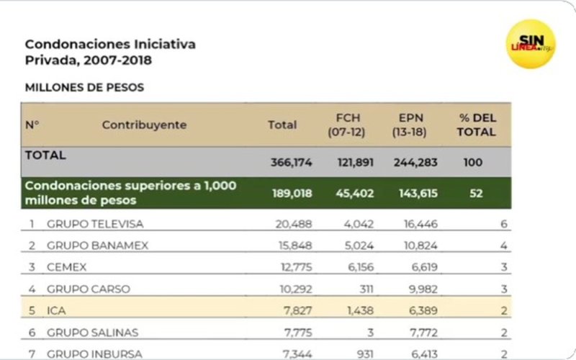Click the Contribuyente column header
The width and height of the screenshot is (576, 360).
[144, 125]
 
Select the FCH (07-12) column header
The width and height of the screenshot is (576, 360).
[348, 125]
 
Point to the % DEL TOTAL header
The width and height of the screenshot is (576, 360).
[476, 125]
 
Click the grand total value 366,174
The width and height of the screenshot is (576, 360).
[292, 163]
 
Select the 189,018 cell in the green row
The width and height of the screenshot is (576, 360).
[292, 194]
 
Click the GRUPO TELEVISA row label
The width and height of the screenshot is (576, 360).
[95, 224]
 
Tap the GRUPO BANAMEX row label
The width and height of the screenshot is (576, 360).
[97, 246]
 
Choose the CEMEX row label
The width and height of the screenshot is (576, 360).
[66, 267]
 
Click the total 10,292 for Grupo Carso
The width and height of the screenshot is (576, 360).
[294, 289]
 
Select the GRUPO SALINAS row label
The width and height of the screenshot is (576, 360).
[92, 332]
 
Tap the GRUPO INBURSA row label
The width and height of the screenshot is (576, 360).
[94, 353]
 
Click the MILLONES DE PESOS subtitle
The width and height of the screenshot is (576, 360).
[84, 88]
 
